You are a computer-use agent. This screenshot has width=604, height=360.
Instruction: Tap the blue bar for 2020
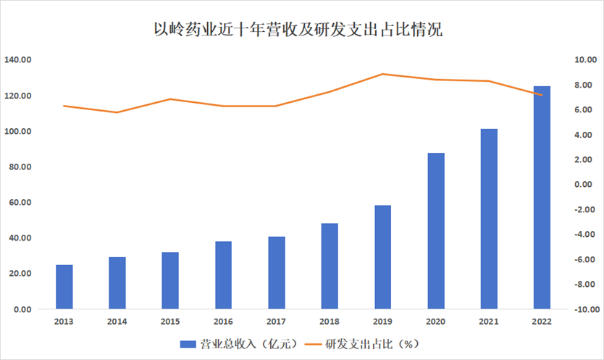click(x=436, y=231)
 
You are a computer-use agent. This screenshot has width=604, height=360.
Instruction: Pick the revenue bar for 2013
click(x=64, y=287)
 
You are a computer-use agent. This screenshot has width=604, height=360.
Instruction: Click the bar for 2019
click(x=383, y=257)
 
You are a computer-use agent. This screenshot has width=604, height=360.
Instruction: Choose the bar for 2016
click(x=224, y=275)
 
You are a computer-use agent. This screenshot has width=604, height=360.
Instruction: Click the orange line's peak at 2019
click(x=383, y=74)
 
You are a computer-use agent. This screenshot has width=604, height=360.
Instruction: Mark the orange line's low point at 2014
click(x=117, y=112)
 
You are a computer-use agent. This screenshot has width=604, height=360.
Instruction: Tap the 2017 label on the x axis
click(x=277, y=321)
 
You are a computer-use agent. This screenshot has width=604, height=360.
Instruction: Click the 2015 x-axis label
click(x=170, y=321)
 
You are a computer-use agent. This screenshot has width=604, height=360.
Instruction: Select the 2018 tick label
click(x=330, y=321)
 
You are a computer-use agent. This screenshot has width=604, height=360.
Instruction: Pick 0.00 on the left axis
click(x=21, y=309)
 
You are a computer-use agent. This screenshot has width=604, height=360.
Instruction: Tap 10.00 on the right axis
click(x=583, y=60)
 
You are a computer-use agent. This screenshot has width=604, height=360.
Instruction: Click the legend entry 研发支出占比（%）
click(x=363, y=343)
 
